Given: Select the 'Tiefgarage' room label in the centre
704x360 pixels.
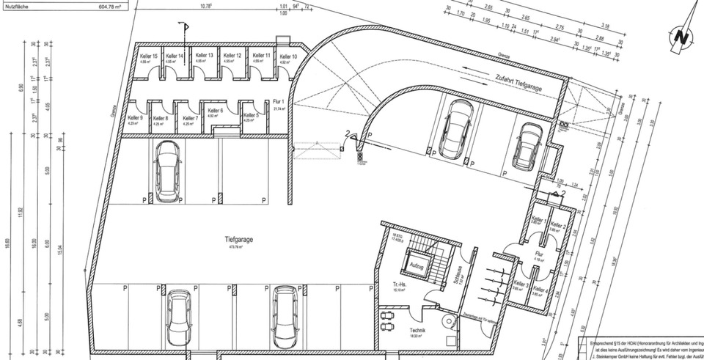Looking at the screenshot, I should tap(240, 240).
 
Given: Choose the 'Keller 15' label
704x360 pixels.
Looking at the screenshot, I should tap(149, 56).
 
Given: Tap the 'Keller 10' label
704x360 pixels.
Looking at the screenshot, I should tap(288, 56).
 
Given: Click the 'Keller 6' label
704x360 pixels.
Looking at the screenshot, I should tap(215, 111).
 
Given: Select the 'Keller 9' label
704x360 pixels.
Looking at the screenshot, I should tap(136, 118).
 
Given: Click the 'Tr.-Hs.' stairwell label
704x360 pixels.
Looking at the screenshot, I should tap(399, 284).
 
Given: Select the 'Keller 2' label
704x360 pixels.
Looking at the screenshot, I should tap(559, 225).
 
